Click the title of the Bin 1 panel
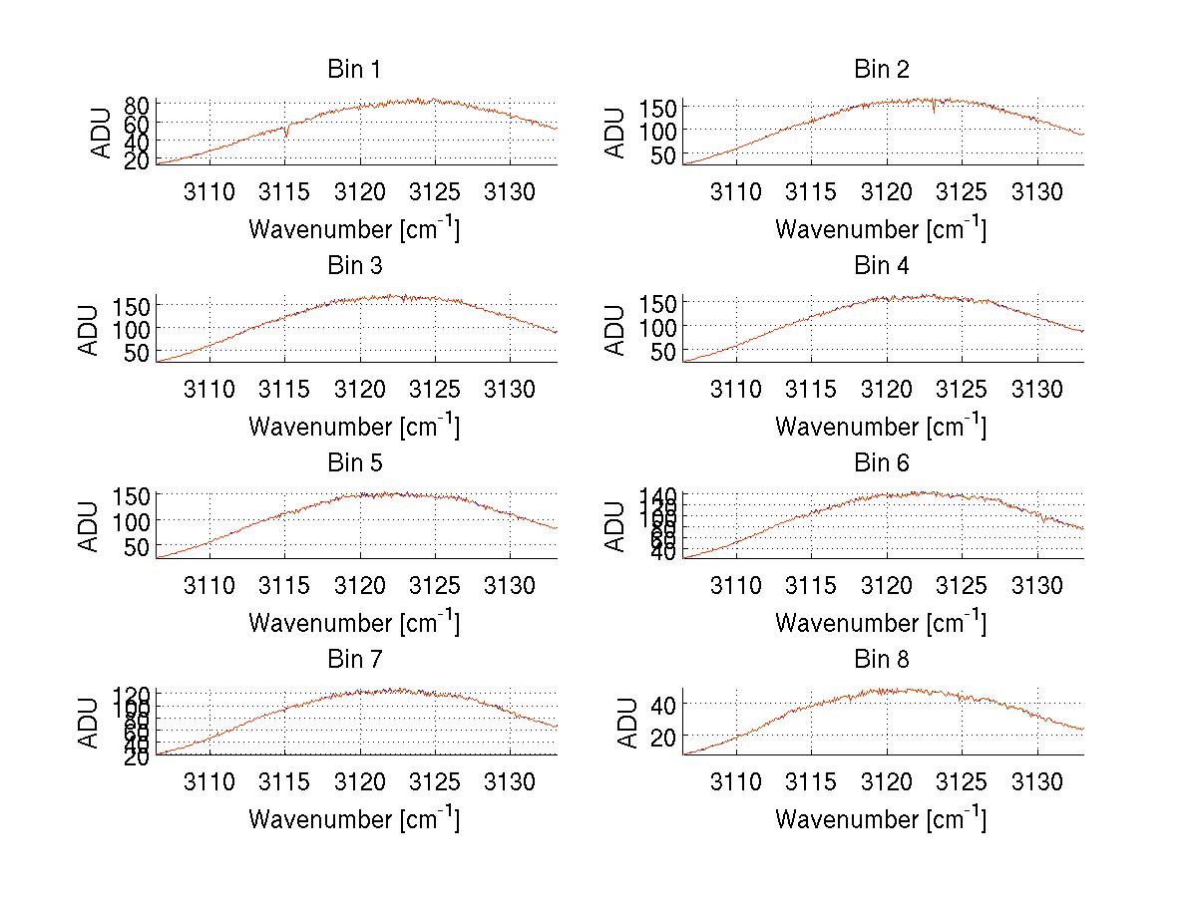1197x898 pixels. click(x=354, y=70)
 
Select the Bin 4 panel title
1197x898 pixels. click(x=882, y=266)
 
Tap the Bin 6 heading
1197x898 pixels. click(x=882, y=462)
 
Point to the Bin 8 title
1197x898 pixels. click(x=882, y=659)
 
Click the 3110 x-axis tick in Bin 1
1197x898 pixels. click(x=209, y=192)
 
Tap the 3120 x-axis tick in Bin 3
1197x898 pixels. click(x=360, y=389)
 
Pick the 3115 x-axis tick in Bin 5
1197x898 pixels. click(x=285, y=585)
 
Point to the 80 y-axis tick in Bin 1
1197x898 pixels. click(x=137, y=104)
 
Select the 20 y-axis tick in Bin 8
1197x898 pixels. click(x=663, y=736)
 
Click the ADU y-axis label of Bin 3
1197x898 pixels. click(x=90, y=330)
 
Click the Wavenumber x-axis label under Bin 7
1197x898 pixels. click(x=354, y=818)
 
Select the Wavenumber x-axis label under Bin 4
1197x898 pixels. click(x=881, y=426)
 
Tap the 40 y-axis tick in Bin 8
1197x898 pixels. click(x=663, y=704)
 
